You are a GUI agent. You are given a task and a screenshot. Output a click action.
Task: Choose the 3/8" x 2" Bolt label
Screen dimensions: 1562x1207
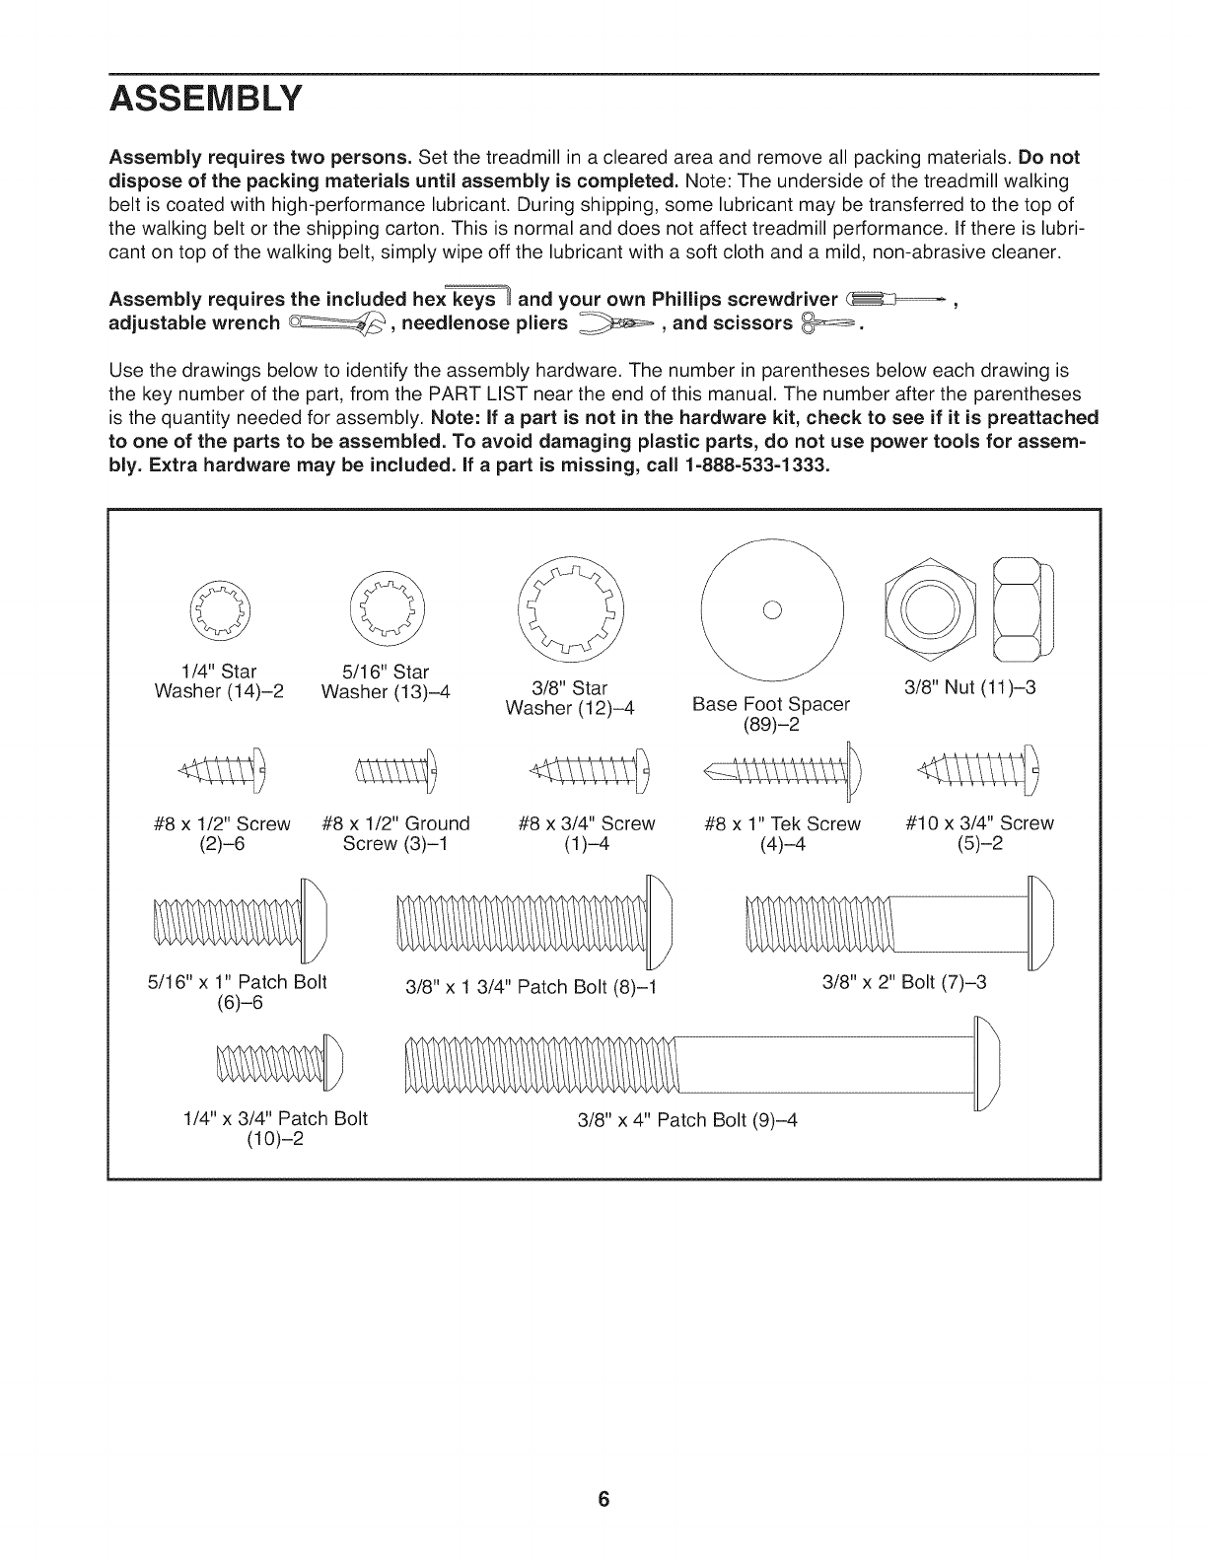tap(904, 982)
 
